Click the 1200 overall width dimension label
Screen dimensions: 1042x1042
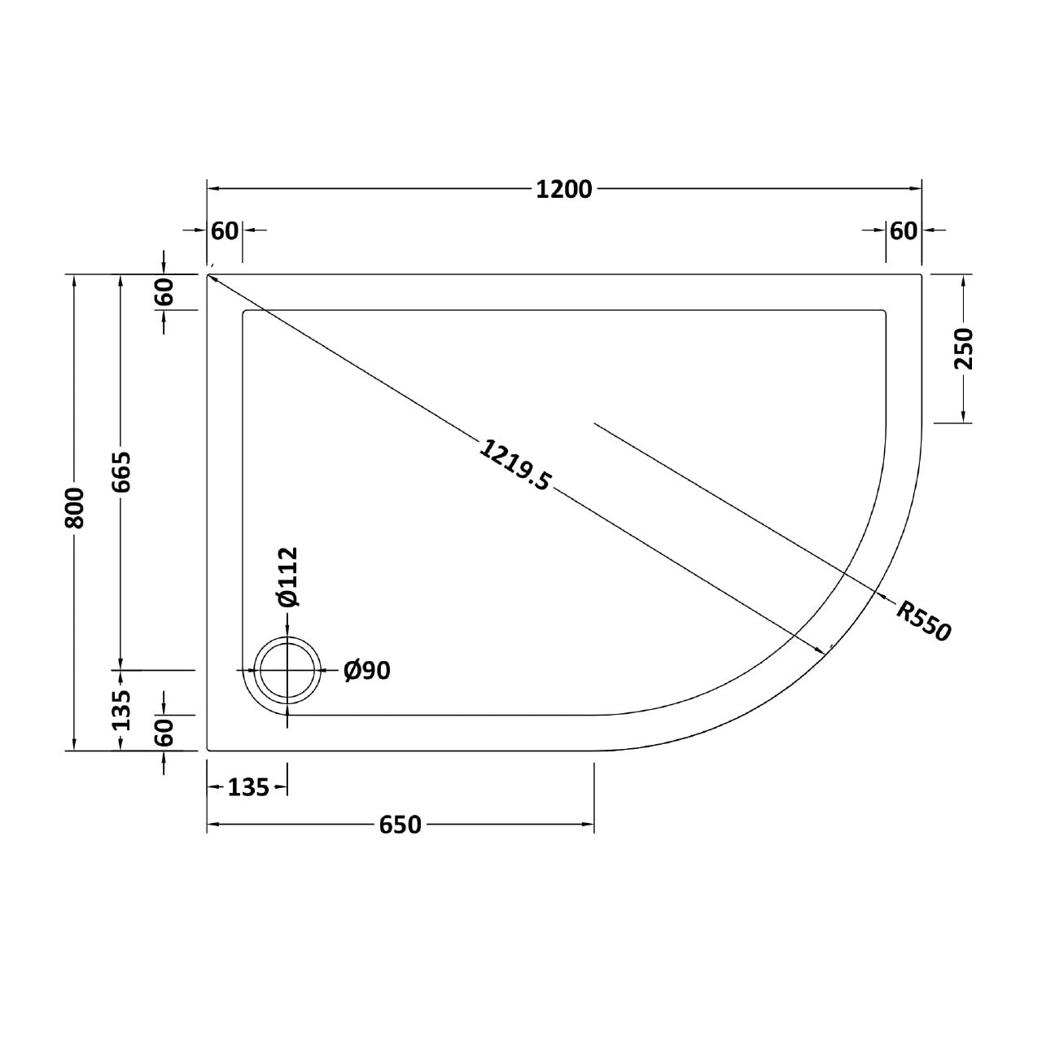564,189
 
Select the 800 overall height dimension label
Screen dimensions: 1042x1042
74,507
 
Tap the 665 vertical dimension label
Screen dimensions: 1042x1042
121,472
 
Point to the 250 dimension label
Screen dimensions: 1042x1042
964,348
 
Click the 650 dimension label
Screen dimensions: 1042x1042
401,825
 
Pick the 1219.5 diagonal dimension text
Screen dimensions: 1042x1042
514,466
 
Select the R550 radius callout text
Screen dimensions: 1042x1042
923,620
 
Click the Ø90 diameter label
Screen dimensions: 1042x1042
367,670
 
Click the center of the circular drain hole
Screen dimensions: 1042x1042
288,670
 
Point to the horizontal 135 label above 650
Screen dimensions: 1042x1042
247,787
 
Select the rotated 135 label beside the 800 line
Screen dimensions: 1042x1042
121,710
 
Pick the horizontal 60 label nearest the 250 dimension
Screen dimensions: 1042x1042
903,231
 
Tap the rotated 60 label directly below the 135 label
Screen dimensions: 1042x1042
164,733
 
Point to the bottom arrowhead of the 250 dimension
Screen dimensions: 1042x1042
964,417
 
